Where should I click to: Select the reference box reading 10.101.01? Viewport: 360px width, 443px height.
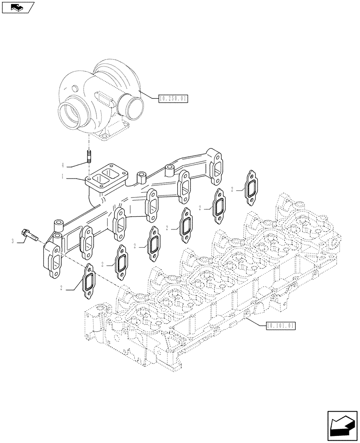coord(281,326)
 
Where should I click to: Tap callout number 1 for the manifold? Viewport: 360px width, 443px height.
coord(63,176)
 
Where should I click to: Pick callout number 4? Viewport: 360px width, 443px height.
coord(63,165)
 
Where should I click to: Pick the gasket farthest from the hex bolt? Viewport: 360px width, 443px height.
coord(251,188)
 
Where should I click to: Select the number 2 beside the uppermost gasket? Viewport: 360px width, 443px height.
coord(231,190)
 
